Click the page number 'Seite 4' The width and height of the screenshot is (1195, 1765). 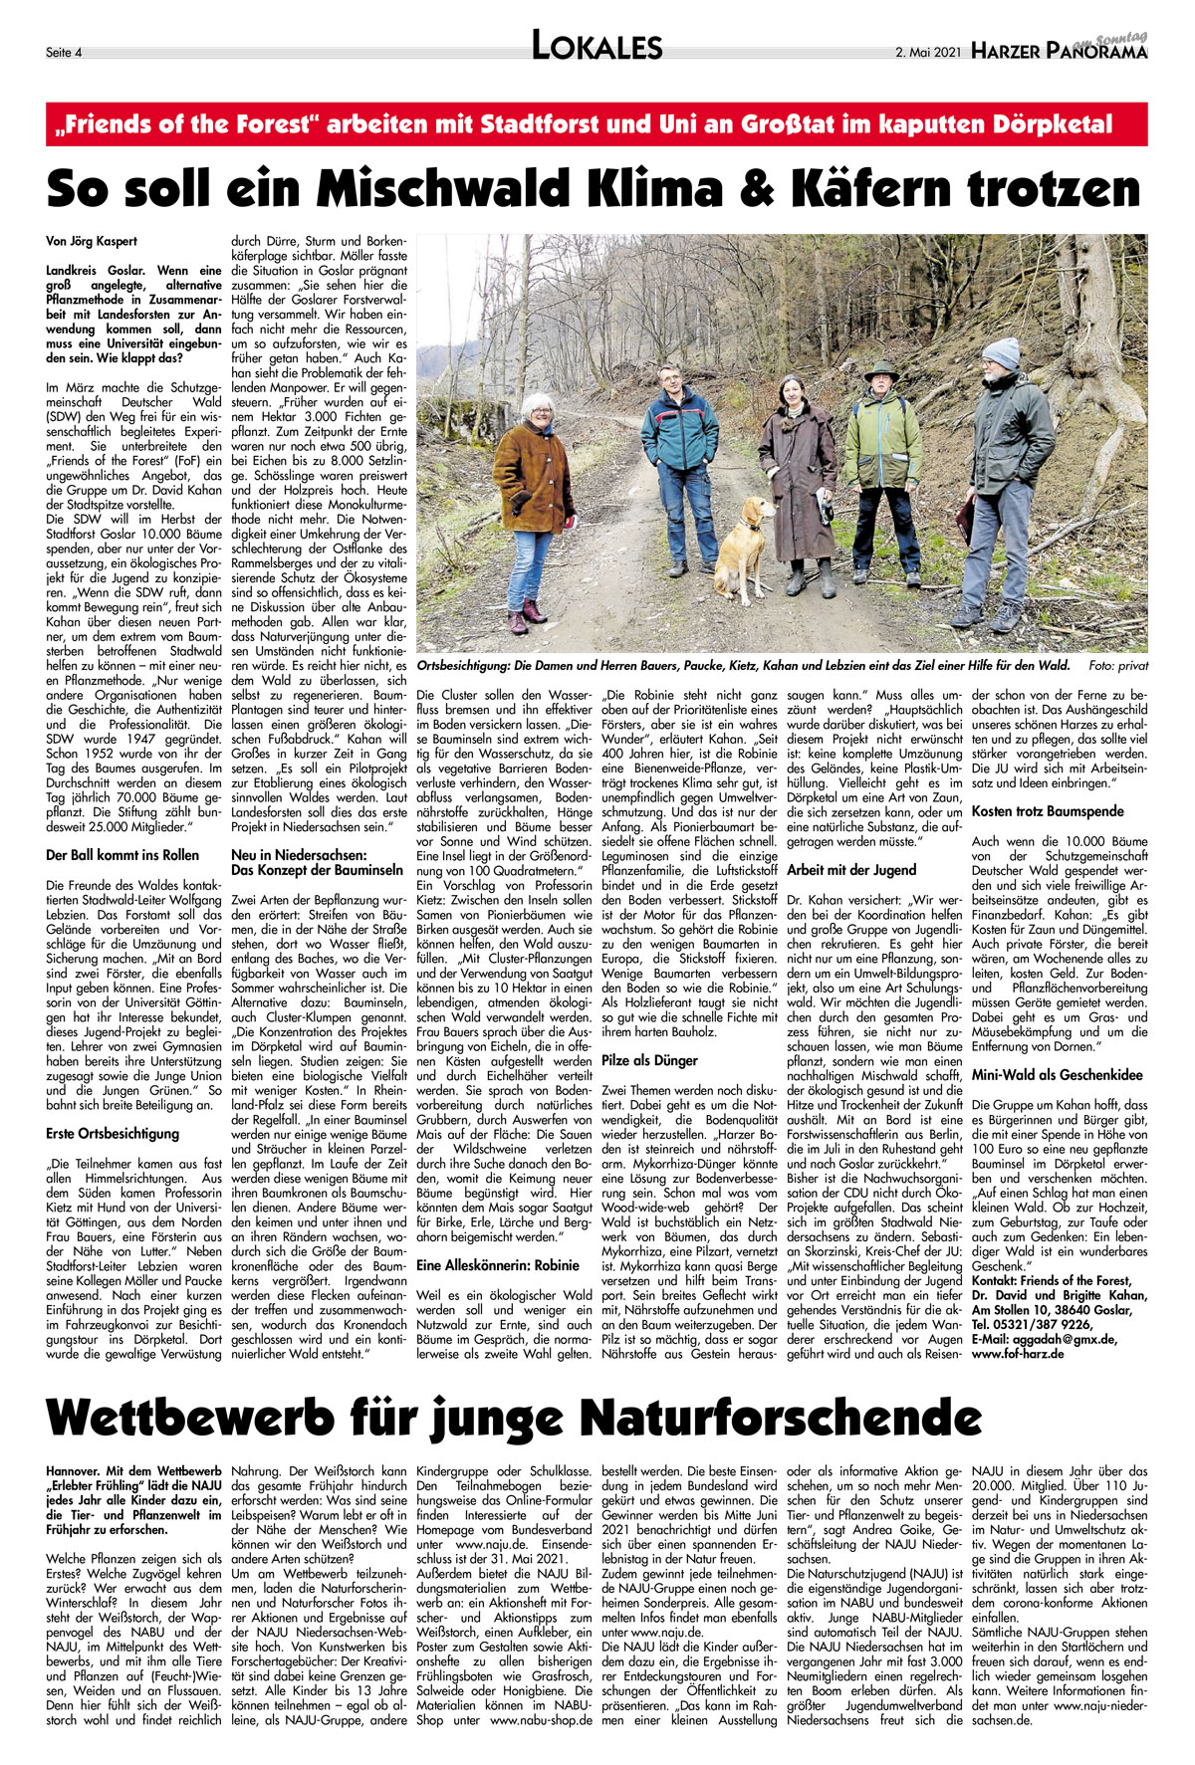click(x=65, y=52)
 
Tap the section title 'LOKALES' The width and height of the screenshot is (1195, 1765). click(x=597, y=47)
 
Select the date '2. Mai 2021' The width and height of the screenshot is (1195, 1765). click(x=927, y=52)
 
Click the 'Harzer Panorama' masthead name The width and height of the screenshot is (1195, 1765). click(x=1060, y=51)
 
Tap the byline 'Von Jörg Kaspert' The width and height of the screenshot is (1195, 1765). click(x=92, y=241)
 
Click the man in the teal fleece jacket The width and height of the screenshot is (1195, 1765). click(x=679, y=468)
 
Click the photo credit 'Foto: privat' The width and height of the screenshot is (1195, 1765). click(x=1118, y=666)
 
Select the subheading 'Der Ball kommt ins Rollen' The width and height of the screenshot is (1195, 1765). click(x=122, y=855)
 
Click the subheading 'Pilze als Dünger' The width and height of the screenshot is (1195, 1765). click(x=649, y=1061)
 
